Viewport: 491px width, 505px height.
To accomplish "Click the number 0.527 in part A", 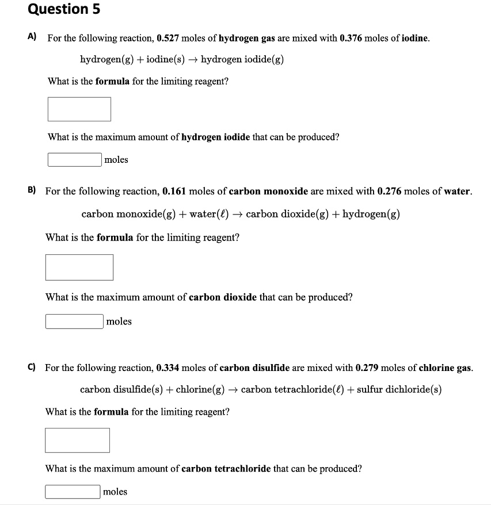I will pos(168,39).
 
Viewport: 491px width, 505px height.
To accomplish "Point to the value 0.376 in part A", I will pos(352,39).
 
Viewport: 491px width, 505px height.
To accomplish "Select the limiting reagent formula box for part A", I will pos(79,109).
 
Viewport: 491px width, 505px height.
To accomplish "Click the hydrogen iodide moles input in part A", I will pos(75,159).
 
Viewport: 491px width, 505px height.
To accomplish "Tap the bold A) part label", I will pos(32,37).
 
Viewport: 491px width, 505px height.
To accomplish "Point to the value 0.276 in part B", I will pos(389,191).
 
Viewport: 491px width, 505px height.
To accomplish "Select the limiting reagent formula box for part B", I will pos(79,267).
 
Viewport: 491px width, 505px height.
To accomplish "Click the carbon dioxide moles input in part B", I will pos(75,321).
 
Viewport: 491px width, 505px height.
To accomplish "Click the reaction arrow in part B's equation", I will pos(237,215).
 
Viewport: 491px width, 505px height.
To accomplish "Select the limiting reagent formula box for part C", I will pos(78,440).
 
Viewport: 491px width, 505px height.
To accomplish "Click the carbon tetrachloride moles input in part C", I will pos(73,492).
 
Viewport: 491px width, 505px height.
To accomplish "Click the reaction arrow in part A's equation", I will pos(192,60).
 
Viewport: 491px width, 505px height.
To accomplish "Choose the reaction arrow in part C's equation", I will pos(232,389).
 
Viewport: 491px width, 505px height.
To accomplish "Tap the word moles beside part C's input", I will pos(116,492).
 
